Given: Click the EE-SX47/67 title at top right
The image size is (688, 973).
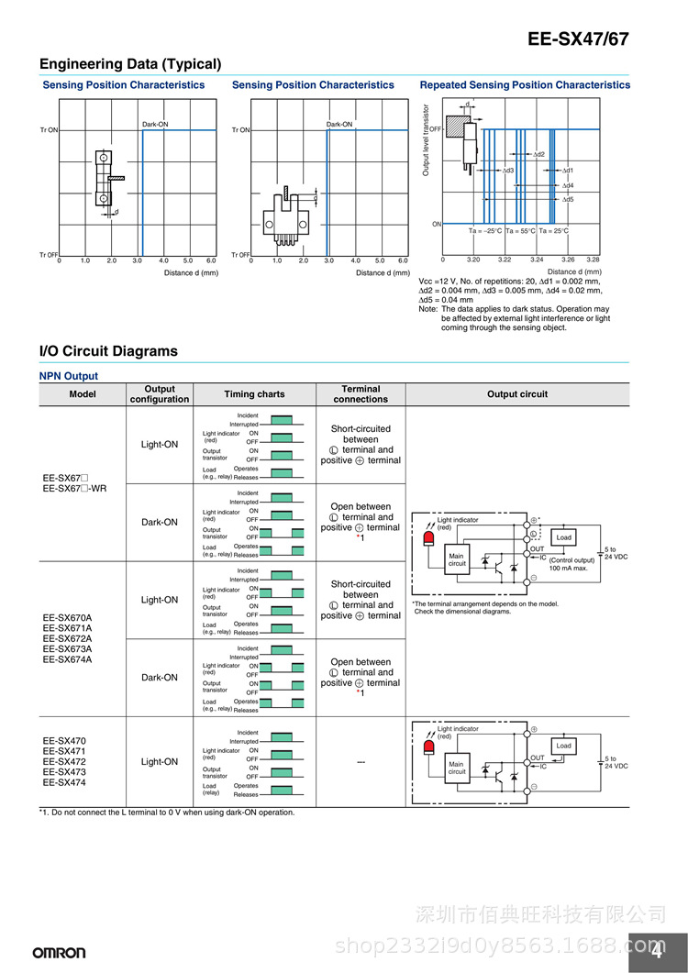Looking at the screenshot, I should pos(578,39).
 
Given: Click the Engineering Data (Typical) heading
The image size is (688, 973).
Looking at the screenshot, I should pos(130,64).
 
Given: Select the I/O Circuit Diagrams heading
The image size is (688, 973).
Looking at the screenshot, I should pos(108,351).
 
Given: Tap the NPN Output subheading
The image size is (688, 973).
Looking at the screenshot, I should pos(68,376).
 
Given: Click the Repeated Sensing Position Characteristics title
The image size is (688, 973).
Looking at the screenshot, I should pos(525,85).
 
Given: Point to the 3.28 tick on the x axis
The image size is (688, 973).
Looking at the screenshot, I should pos(593,260).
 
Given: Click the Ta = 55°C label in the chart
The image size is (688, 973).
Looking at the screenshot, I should pos(520,231).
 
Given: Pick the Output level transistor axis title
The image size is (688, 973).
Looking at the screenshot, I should pos(426,139).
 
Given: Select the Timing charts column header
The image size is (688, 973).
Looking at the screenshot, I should pos(254,394).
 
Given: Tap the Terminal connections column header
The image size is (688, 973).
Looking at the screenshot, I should pos(361,394).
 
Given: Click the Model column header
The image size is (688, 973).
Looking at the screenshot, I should pos(83,394).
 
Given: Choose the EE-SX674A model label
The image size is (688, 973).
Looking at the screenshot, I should pos(67,659).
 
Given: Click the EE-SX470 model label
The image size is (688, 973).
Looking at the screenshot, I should pos(64,741).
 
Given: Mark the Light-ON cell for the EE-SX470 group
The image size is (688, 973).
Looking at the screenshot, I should pos(160,762).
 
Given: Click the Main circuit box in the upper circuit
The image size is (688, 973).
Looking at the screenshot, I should pos(457,559).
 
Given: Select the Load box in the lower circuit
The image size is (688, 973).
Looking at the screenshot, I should pos(563,746).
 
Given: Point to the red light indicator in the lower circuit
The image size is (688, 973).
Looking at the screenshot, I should pos(428,747).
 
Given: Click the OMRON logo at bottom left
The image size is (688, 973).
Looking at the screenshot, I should pos(60,953).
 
